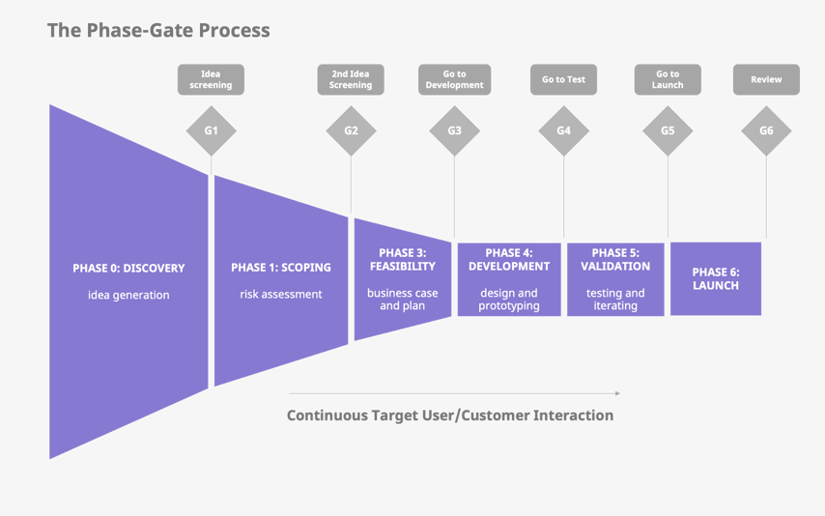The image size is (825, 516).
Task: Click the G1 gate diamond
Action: pyautogui.click(x=211, y=130)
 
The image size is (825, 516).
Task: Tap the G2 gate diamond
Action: pyautogui.click(x=351, y=130)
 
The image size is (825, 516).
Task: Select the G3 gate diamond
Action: pyautogui.click(x=454, y=130)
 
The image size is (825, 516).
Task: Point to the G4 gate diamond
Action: pyautogui.click(x=563, y=130)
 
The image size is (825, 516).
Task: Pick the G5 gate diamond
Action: pyautogui.click(x=668, y=130)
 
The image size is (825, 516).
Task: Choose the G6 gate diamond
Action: pyautogui.click(x=766, y=130)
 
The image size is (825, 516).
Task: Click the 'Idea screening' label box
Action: pyautogui.click(x=211, y=79)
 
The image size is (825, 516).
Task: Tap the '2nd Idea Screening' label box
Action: pyautogui.click(x=351, y=79)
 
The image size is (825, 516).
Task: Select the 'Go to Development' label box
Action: pyautogui.click(x=454, y=79)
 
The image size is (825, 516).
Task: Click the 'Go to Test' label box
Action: pyautogui.click(x=563, y=79)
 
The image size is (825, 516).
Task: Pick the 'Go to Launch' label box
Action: pyautogui.click(x=668, y=79)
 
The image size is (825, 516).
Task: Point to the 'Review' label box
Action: pyautogui.click(x=766, y=79)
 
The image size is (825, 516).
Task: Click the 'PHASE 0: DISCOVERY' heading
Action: pyautogui.click(x=128, y=268)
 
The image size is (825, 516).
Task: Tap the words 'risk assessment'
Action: pyautogui.click(x=281, y=294)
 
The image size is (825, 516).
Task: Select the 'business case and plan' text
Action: pyautogui.click(x=403, y=300)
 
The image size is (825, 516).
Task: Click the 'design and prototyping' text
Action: pyautogui.click(x=509, y=300)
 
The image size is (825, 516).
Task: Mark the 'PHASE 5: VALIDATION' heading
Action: pyautogui.click(x=615, y=260)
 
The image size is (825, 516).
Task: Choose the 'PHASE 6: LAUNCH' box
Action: pyautogui.click(x=716, y=279)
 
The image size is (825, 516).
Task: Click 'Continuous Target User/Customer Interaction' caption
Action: pyautogui.click(x=450, y=416)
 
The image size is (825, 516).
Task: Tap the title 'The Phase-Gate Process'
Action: pyautogui.click(x=158, y=30)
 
